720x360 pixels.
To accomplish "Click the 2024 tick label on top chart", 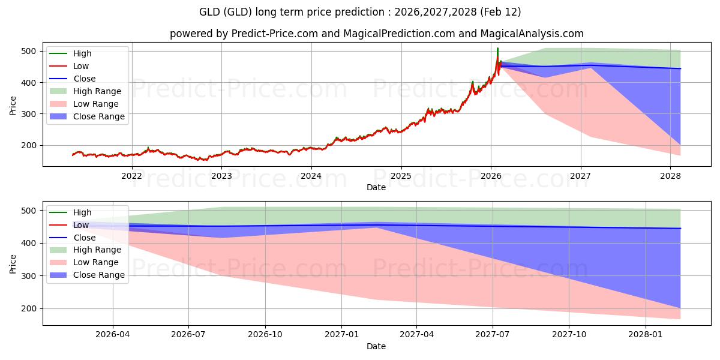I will click(x=311, y=176).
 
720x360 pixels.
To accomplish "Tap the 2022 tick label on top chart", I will click(x=131, y=176).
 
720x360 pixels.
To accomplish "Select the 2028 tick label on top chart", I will click(x=670, y=176).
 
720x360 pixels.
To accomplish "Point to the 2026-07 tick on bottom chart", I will click(x=188, y=335).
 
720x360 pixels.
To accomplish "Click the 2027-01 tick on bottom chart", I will click(x=341, y=335).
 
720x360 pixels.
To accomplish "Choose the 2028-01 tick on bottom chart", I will click(x=646, y=335).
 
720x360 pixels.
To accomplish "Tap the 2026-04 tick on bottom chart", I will click(x=113, y=335).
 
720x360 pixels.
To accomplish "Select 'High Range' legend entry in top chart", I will click(x=97, y=91).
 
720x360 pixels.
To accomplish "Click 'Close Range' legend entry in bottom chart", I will click(x=98, y=275).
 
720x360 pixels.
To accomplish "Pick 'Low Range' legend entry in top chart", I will click(x=95, y=104).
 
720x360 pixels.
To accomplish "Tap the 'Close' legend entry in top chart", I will click(x=84, y=79).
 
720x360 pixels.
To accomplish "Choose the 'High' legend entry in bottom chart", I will click(x=82, y=212).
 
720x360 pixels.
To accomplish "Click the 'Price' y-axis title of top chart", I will click(x=13, y=106).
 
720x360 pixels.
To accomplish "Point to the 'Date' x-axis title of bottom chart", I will click(x=376, y=346).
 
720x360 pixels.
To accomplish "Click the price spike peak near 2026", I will click(x=497, y=49).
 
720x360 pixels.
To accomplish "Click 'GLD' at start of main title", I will click(x=210, y=12).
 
